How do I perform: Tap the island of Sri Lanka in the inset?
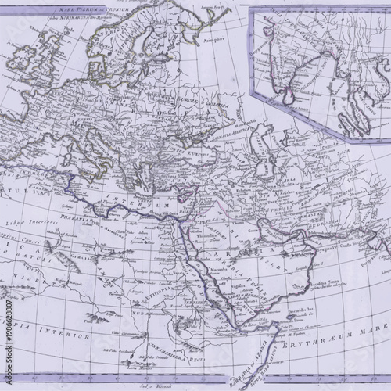(x=290, y=97)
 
